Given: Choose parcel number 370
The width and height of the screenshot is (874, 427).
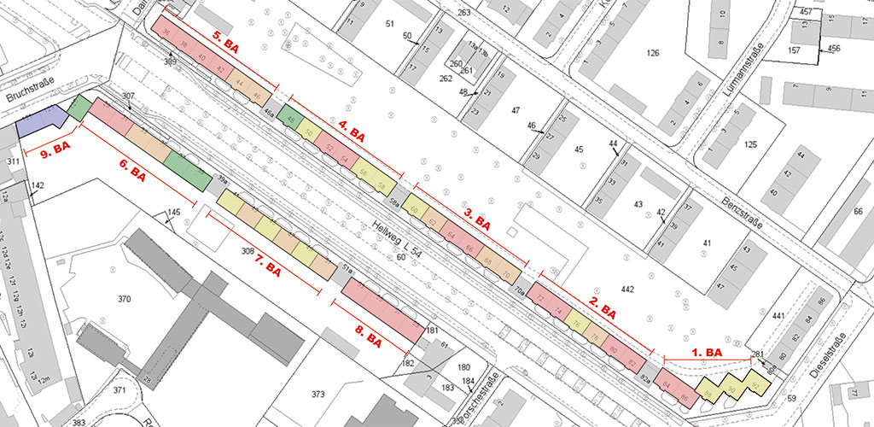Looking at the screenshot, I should click(x=125, y=300).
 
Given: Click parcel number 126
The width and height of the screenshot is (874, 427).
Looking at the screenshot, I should click(x=653, y=54).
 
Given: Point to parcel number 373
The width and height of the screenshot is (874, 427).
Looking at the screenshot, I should click(x=318, y=394).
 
